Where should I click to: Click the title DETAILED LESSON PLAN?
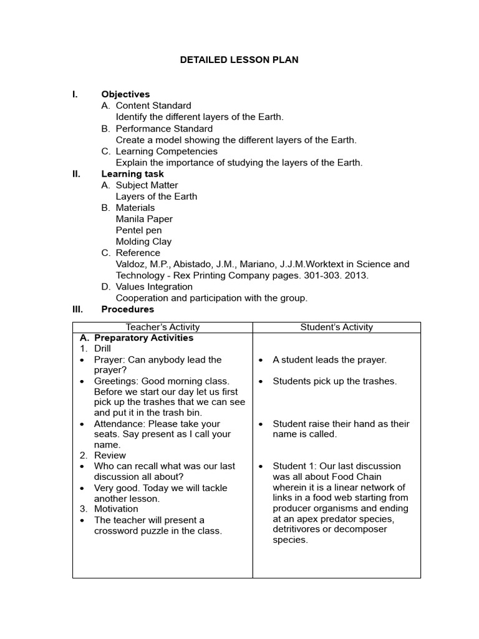[239, 60]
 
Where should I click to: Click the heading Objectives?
[125, 94]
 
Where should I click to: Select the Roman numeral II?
[76, 174]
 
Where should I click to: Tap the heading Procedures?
[127, 309]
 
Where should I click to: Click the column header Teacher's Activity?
[163, 327]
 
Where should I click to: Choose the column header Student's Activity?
[336, 327]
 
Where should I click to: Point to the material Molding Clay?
[143, 241]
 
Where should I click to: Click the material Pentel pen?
[138, 230]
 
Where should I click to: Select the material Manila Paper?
[144, 219]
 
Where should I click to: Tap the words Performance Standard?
[164, 129]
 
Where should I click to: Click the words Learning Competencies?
[167, 151]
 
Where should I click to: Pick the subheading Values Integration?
[154, 286]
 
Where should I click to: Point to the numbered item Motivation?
[116, 509]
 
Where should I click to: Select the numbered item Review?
[110, 456]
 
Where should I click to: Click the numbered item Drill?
[102, 348]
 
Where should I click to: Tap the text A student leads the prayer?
[329, 359]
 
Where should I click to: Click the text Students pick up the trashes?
[334, 381]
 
